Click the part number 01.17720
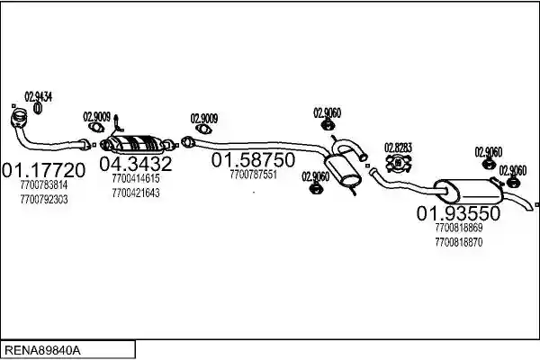point(43,170)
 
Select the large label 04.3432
point(135,164)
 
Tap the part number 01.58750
point(253,160)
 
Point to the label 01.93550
point(458,213)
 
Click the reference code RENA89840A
point(42,350)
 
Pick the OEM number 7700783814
point(44,185)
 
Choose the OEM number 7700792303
point(44,200)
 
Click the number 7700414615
point(136,178)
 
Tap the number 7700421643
point(136,193)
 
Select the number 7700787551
point(253,175)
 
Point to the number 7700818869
point(459,228)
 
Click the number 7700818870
point(459,242)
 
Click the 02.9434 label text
point(38,97)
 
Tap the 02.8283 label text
point(398,148)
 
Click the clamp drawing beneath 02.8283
point(399,163)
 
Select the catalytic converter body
point(135,144)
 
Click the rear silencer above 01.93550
point(468,191)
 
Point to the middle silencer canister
point(343,170)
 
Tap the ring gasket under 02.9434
point(38,108)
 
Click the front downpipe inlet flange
point(19,116)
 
